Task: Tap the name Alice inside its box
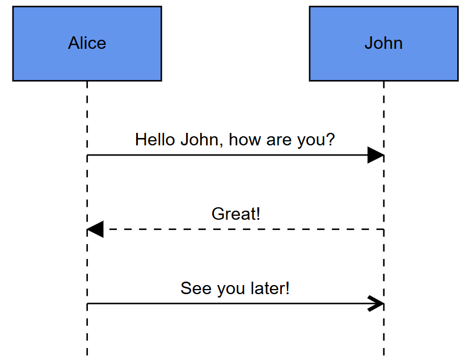click(87, 43)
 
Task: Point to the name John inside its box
click(383, 43)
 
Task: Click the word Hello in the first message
click(155, 140)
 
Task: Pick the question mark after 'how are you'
click(330, 140)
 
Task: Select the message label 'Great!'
click(235, 214)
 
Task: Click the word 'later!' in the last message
click(269, 288)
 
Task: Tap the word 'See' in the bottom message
click(192, 288)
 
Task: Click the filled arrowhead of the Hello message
click(376, 155)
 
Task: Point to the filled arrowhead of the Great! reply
click(95, 229)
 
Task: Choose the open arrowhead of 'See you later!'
click(377, 304)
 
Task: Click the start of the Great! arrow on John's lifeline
click(383, 229)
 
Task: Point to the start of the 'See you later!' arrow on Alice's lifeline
click(87, 304)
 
